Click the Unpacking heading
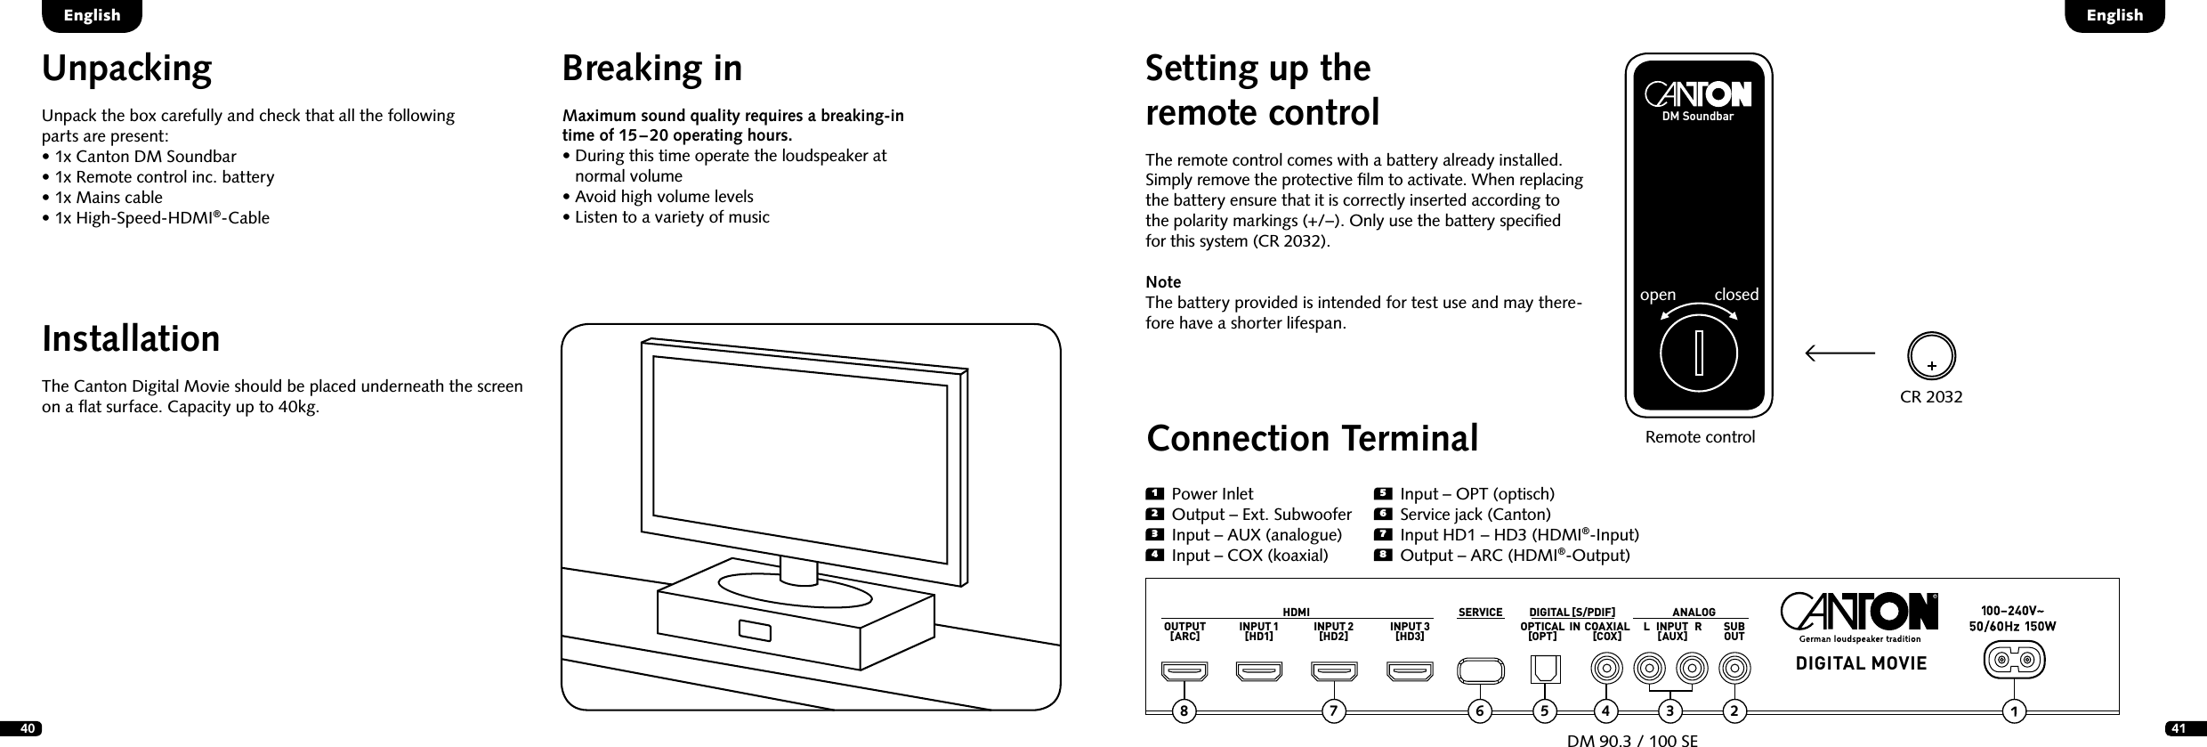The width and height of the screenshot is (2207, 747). tap(127, 69)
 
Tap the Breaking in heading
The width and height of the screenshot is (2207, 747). tap(651, 69)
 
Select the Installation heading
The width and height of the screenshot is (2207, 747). tap(131, 339)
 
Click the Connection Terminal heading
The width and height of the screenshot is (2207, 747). tap(1313, 439)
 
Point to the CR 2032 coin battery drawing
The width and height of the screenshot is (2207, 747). tap(1931, 355)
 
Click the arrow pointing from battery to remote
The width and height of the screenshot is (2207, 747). tap(1839, 353)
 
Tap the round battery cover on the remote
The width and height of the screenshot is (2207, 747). tap(1699, 353)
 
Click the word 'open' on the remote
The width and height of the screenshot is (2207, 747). tap(1657, 295)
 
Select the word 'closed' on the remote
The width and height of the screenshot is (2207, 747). tap(1736, 295)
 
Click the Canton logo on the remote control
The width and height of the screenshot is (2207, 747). tap(1698, 95)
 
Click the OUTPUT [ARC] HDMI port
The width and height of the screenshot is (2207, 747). tap(1184, 670)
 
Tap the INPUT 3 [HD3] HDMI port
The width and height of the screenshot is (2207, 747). tap(1411, 670)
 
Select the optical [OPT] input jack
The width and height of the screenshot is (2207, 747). tap(1544, 669)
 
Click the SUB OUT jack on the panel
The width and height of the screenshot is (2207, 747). tap(1734, 667)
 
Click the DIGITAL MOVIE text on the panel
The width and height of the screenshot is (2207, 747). tap(1848, 663)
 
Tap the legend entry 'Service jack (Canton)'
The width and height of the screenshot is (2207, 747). tap(1475, 515)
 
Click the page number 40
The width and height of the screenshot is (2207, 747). tap(28, 729)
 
